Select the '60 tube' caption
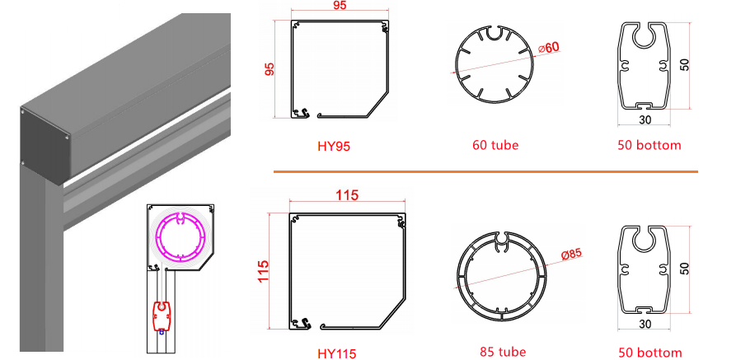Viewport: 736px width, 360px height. point(495,146)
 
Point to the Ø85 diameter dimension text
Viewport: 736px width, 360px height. point(570,254)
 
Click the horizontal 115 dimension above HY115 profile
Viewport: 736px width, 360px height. point(347,197)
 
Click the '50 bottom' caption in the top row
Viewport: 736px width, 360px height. point(649,146)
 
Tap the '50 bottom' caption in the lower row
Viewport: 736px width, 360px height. point(649,353)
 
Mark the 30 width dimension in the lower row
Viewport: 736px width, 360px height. point(644,325)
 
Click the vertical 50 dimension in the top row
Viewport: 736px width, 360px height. point(685,64)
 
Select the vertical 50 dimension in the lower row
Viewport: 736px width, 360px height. point(685,269)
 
